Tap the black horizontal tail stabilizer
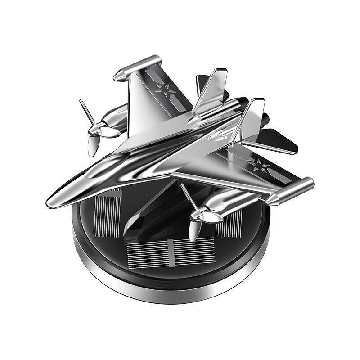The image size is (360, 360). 279,139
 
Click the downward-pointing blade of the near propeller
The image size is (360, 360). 193,231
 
